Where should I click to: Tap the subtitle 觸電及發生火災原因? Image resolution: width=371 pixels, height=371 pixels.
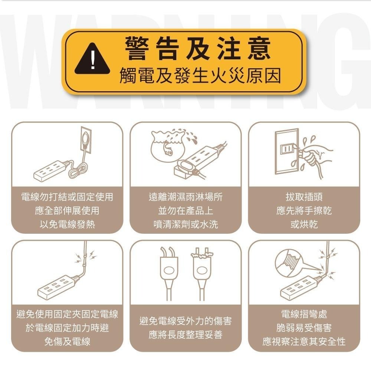coord(200,76)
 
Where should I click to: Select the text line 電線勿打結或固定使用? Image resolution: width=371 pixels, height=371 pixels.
coord(67,197)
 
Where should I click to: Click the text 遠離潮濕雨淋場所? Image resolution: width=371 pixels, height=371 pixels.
coord(186,197)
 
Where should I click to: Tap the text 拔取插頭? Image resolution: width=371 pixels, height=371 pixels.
coord(304,197)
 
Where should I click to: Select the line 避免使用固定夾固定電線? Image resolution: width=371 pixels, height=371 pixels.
coord(67,314)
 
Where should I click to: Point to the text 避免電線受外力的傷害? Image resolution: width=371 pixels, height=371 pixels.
coord(186,321)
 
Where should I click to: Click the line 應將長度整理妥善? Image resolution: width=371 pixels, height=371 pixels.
coord(186,335)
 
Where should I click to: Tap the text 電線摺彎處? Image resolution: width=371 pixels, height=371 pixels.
coord(304,314)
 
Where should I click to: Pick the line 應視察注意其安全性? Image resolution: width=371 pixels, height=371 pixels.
coord(304,342)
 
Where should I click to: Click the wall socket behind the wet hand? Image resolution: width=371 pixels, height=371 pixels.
coord(286,151)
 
